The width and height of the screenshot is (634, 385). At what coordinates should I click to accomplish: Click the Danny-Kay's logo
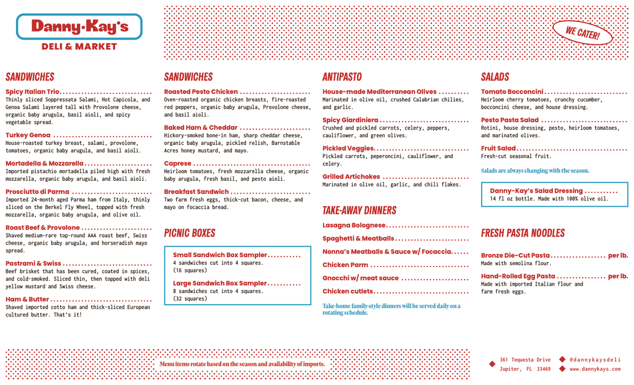click(x=79, y=26)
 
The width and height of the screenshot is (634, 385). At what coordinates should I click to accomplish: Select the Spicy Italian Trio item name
click(x=33, y=92)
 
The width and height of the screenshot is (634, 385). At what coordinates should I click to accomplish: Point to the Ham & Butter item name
click(x=27, y=299)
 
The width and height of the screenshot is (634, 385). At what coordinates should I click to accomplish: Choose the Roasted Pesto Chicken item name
click(x=201, y=92)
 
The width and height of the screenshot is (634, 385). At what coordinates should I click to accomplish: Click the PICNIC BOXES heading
click(x=190, y=233)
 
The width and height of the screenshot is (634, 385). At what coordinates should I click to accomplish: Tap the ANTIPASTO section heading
click(x=342, y=77)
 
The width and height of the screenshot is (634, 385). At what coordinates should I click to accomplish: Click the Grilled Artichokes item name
click(x=351, y=176)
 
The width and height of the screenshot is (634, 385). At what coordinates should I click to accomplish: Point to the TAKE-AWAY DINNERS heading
click(x=359, y=211)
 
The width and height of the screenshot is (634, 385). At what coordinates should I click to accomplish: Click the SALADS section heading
click(x=495, y=77)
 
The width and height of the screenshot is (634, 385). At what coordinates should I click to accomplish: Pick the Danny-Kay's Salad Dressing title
click(x=536, y=191)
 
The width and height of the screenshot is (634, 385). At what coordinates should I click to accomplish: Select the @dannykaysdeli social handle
click(x=594, y=360)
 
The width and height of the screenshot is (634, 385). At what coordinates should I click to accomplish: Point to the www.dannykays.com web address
click(x=595, y=369)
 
